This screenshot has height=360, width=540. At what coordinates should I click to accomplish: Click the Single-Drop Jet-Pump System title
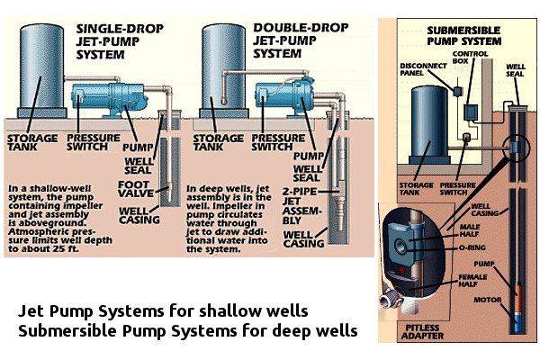(120, 42)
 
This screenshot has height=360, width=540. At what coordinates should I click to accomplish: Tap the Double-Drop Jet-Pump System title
(301, 41)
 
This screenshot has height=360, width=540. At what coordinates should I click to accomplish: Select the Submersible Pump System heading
(463, 36)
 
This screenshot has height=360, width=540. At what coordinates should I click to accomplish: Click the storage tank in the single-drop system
(41, 70)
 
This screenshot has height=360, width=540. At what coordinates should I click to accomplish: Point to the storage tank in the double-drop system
(224, 70)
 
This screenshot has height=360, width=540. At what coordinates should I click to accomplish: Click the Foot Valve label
(136, 189)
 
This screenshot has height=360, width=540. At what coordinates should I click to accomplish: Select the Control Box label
(470, 58)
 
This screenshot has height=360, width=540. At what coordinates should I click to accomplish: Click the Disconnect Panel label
(423, 69)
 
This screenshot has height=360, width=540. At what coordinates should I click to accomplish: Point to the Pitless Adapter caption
(422, 332)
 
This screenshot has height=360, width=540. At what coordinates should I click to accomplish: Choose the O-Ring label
(472, 247)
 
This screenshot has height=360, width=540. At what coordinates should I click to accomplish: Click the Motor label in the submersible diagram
(487, 300)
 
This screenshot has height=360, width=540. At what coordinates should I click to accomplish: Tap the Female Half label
(472, 281)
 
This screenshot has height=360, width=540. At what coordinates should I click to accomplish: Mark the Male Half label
(470, 230)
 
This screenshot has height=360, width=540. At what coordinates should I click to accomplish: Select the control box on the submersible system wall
(470, 112)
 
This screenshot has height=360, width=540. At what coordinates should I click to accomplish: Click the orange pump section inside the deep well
(518, 293)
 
